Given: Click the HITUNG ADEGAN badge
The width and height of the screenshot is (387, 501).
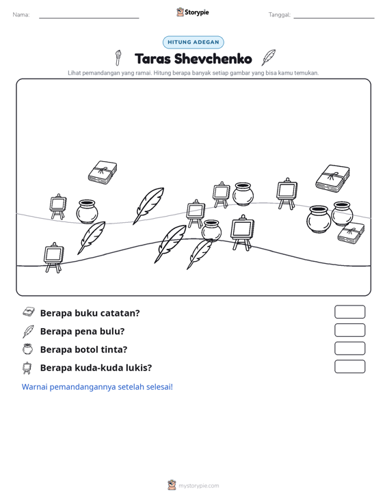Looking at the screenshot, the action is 193,42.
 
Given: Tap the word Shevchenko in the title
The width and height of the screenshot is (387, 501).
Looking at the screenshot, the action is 213,59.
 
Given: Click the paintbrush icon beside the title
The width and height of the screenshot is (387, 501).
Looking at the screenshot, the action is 118,57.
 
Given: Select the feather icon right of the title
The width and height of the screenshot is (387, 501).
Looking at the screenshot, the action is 269,57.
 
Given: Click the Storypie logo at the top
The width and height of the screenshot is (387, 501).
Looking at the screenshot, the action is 193,12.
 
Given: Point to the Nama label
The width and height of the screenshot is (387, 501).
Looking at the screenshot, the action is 21,15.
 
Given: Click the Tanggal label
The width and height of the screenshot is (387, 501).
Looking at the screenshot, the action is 279,15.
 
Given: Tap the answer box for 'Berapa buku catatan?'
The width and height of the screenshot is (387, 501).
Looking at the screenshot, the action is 349,312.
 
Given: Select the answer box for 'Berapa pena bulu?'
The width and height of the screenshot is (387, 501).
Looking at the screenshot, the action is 349,330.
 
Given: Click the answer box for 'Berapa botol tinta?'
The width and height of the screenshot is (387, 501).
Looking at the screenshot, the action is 349,349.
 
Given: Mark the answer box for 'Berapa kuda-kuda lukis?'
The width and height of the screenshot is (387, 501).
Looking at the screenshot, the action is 349,366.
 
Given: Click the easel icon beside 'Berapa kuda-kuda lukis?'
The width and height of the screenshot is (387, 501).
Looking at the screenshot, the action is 27,368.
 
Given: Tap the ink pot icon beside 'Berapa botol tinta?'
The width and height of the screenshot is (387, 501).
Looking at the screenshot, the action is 28,349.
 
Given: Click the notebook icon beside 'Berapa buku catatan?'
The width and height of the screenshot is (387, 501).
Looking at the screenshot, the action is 29,312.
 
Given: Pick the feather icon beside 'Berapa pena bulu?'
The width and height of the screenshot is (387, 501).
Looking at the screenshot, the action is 28,331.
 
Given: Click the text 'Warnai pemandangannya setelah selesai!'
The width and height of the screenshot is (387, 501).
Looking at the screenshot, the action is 97,387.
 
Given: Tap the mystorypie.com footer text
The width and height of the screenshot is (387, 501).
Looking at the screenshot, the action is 198,486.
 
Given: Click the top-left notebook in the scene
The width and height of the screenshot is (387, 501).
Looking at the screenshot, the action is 103,172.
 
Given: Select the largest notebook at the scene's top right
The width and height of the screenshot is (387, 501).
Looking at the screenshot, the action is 333,178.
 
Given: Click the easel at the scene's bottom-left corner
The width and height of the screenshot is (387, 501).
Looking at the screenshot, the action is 54,258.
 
